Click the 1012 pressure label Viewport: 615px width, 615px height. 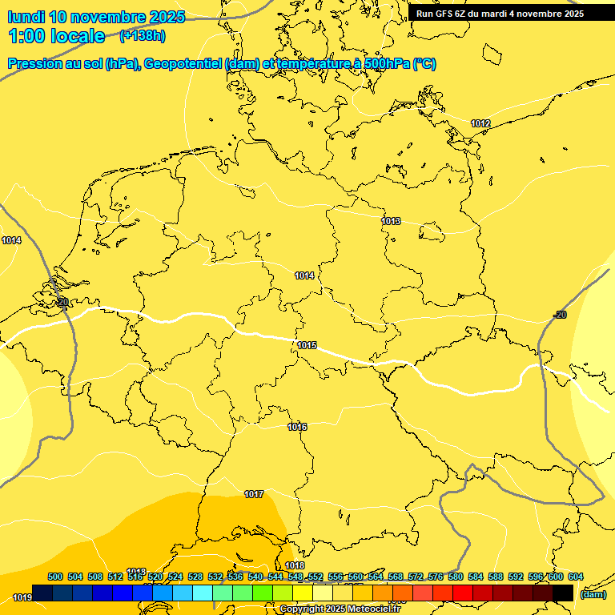point(480,123)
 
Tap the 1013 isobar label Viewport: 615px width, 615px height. point(391,221)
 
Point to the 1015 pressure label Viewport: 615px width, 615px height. point(307,346)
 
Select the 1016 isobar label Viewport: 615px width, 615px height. point(297,427)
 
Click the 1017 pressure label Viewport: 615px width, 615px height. point(254,494)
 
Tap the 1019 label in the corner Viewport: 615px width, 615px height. point(22,597)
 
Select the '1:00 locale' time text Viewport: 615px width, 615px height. point(57,36)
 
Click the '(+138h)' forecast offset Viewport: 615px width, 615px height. point(143,36)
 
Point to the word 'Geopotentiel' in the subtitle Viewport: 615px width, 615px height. point(180,64)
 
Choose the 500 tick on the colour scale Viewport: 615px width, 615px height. point(55,577)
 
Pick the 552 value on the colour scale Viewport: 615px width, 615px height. point(316,577)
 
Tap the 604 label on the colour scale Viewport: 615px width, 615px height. point(576,577)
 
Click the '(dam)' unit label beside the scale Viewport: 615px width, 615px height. point(593,594)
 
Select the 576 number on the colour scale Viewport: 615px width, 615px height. point(436,577)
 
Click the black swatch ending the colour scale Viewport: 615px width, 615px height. point(563,593)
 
